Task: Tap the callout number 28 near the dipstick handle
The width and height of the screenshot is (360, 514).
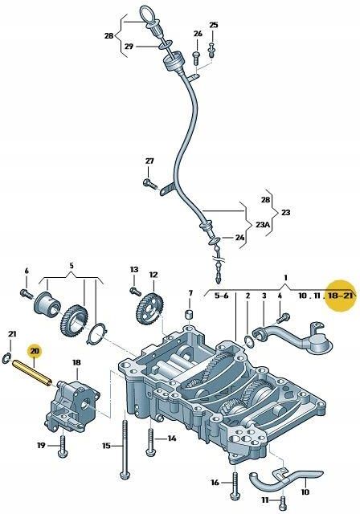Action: click(108, 36)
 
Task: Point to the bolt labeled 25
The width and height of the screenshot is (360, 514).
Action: click(211, 50)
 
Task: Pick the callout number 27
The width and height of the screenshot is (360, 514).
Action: click(149, 161)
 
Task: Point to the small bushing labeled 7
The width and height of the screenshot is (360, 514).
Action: click(190, 312)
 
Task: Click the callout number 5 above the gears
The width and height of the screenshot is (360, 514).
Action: click(71, 265)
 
